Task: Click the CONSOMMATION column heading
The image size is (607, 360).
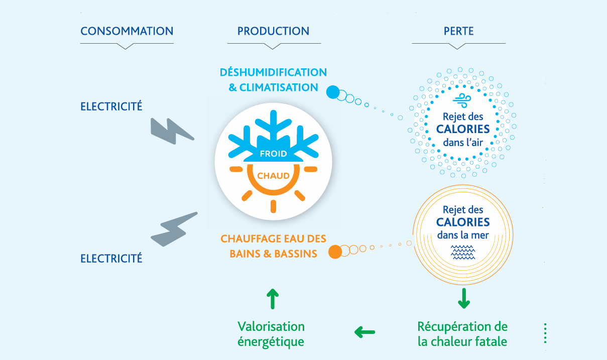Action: coord(127,31)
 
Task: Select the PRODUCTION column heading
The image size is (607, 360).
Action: coord(274,31)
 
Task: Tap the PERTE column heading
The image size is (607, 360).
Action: coord(458,31)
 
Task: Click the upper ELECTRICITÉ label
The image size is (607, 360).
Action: coord(111,106)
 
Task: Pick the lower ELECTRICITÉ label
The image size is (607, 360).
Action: coord(111,258)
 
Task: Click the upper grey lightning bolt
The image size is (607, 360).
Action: coord(171,132)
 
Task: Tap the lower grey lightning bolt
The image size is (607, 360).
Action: coord(173,229)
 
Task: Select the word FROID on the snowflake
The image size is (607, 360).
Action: coord(273,154)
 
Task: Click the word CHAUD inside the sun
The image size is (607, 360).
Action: coord(273,176)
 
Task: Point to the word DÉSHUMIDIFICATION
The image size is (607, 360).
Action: coord(274,72)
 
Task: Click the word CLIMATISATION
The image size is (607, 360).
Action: coord(279,87)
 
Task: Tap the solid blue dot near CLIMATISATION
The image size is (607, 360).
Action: coord(333,92)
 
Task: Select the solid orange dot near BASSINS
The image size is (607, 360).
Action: coord(335,252)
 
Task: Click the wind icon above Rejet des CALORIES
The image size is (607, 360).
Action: coord(462,100)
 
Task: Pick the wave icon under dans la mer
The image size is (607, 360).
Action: coord(463,252)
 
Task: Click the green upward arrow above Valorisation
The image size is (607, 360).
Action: coord(273,299)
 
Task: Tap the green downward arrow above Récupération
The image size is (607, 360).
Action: coord(464,298)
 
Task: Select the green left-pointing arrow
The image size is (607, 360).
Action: coord(365,332)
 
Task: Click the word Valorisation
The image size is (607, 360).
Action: coord(271,326)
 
